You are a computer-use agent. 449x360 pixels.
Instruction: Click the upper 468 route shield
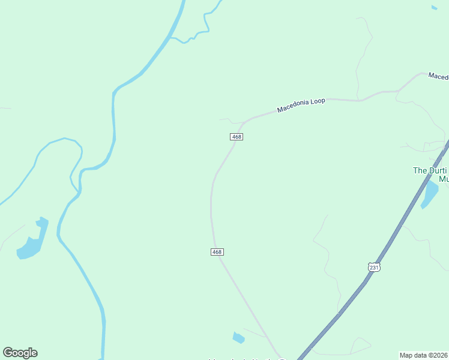(237, 137)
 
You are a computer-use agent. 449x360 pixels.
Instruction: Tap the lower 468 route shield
(217, 252)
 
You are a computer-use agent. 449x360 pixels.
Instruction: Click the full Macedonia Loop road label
(301, 106)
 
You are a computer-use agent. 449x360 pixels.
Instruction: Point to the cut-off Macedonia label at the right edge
(438, 77)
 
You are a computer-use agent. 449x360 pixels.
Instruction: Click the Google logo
(20, 353)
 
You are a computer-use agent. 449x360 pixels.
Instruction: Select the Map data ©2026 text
(424, 355)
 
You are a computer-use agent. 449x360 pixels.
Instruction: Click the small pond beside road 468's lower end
(238, 338)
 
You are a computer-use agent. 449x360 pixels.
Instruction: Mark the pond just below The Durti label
(430, 194)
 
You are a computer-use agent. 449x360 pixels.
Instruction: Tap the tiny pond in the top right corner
(434, 8)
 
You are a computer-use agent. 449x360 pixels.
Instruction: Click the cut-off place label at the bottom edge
(246, 359)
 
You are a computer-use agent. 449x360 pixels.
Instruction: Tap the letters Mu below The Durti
(444, 179)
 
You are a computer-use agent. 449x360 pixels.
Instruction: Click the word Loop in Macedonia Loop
(317, 102)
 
